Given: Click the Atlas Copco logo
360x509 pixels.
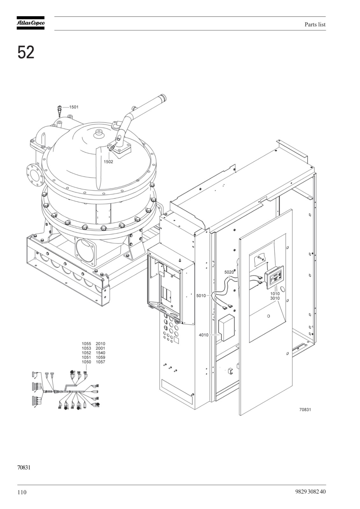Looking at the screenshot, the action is (x=31, y=23).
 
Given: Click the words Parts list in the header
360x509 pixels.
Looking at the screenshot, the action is (x=315, y=24).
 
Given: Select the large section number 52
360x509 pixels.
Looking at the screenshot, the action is (x=26, y=52).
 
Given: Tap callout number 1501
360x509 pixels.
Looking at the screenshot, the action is (x=74, y=107).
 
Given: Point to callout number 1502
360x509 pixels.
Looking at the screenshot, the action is (x=108, y=162).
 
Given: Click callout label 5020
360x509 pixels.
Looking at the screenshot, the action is (x=229, y=272).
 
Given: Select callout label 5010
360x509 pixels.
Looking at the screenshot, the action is (x=201, y=296).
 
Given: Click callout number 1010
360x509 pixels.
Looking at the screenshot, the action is (x=275, y=294).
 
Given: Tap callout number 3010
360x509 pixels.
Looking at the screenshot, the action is (x=275, y=298).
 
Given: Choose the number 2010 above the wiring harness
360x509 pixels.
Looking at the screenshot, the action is (x=100, y=344).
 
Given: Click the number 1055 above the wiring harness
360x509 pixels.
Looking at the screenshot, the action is (x=86, y=344).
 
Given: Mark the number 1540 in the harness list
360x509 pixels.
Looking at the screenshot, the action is (x=100, y=353).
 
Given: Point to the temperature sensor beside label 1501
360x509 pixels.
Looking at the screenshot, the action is (x=60, y=111).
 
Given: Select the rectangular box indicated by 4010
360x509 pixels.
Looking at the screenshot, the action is (x=227, y=327).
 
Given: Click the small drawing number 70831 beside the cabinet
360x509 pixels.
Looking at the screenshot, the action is (x=305, y=409).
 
